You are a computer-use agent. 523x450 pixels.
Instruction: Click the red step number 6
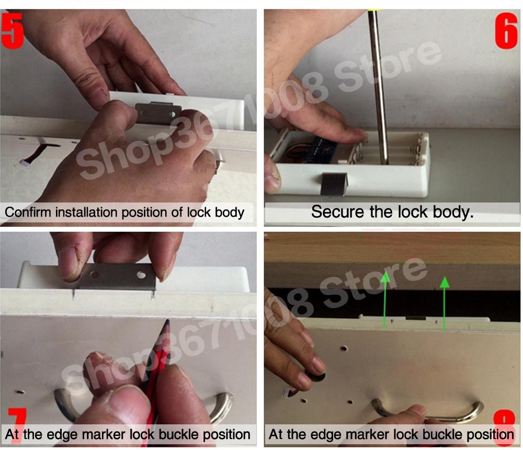(506, 32)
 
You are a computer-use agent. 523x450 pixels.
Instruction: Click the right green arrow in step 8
(445, 303)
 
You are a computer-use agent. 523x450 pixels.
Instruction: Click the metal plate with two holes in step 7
(118, 276)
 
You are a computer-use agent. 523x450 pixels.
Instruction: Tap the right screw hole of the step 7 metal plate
(140, 274)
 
